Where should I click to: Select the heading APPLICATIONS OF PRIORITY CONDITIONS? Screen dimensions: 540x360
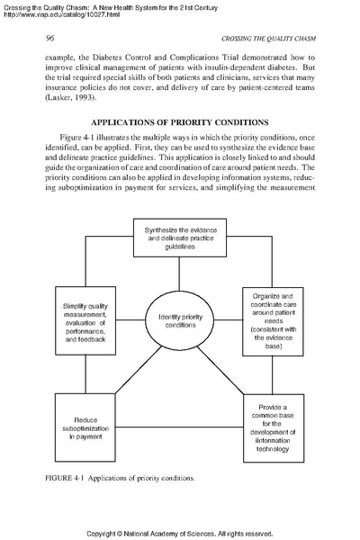click(x=180, y=121)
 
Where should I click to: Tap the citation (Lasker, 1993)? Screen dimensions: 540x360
click(x=67, y=101)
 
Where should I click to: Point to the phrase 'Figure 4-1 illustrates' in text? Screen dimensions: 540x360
click(x=100, y=136)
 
